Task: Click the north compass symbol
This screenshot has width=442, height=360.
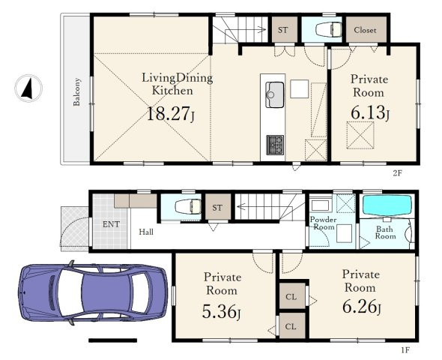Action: [x=28, y=88]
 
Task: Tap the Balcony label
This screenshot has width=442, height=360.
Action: [x=76, y=92]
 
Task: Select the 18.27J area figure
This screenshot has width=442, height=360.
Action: [x=171, y=114]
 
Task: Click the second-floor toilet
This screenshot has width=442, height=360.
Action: [x=328, y=29]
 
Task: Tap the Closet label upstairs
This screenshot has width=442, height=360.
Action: [x=365, y=30]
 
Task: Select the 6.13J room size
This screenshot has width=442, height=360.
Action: [x=370, y=112]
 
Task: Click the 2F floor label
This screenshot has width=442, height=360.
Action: [x=397, y=173]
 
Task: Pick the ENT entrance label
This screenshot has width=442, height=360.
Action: [x=111, y=224]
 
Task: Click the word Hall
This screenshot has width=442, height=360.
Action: [x=146, y=232]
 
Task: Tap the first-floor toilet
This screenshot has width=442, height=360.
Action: [x=188, y=206]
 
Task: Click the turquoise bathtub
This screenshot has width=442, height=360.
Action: [x=387, y=205]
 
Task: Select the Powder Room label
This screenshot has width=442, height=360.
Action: [x=324, y=223]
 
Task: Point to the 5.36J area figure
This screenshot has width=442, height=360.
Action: [x=221, y=311]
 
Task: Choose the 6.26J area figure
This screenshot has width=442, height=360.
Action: [x=362, y=307]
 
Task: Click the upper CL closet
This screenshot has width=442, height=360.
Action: [x=291, y=296]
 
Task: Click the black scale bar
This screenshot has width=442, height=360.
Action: [x=113, y=340]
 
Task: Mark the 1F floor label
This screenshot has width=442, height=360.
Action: [x=405, y=350]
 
